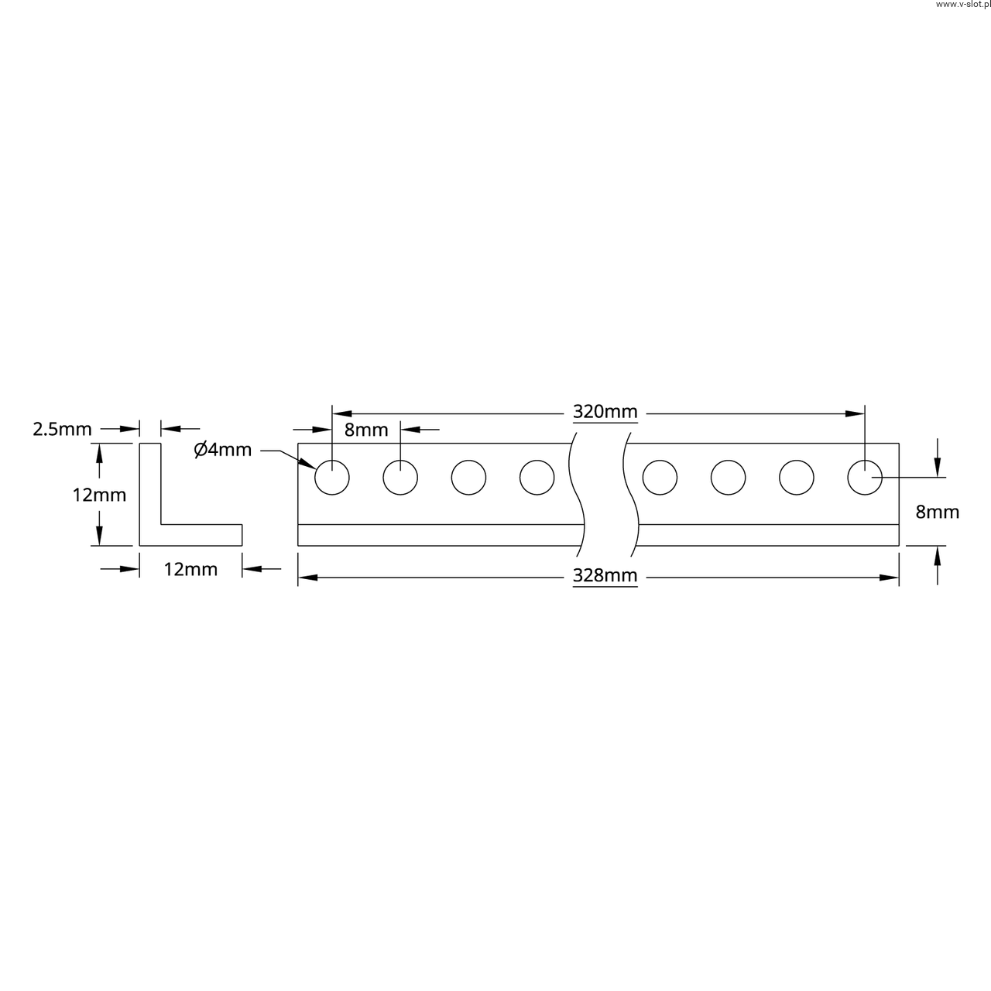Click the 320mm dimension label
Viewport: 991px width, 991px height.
pos(605,412)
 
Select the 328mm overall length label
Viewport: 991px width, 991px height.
pos(605,575)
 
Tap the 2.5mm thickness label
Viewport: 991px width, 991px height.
pos(62,429)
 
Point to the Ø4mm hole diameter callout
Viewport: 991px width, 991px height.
pos(223,450)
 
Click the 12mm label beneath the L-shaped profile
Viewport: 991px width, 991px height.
pos(190,569)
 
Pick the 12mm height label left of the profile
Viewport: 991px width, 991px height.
pos(99,495)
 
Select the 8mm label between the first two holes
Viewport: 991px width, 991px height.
pos(366,430)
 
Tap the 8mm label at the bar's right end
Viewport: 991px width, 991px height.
pos(938,513)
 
